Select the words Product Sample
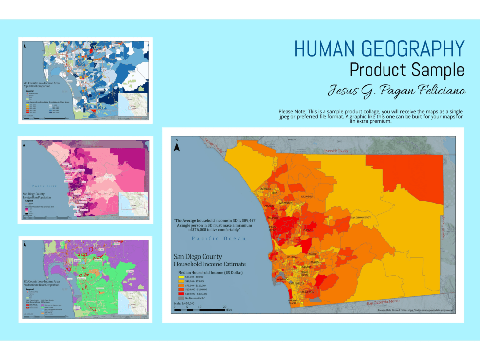(x=407, y=70)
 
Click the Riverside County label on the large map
(x=336, y=151)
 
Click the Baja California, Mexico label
(x=383, y=302)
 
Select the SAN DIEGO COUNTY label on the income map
(x=361, y=217)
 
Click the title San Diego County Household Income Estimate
(x=209, y=261)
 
